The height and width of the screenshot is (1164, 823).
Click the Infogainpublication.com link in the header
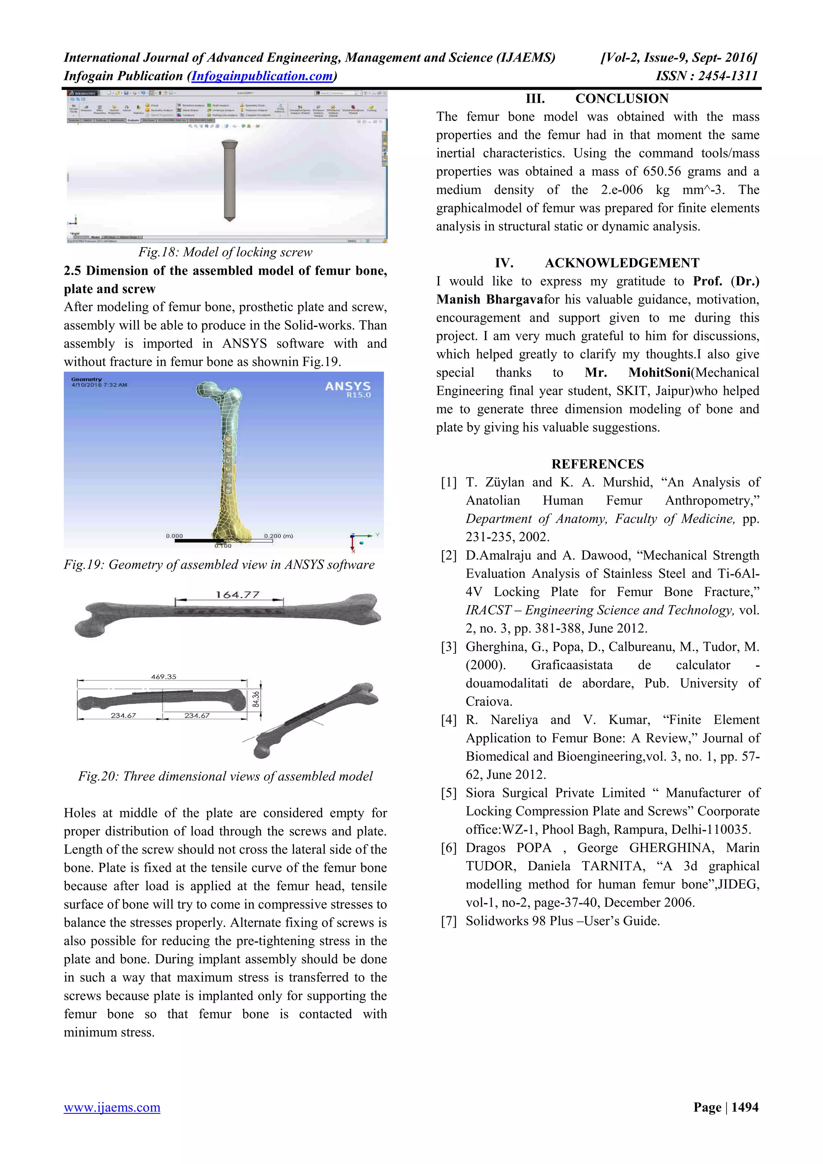(262, 76)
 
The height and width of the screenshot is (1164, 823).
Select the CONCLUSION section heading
(621, 98)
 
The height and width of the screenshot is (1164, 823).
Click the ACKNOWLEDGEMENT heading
(622, 263)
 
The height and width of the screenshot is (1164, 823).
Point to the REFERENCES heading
(597, 464)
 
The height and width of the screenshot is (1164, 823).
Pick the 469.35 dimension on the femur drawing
(163, 677)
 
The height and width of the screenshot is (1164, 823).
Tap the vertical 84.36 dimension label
(256, 699)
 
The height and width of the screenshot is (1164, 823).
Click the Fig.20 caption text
(225, 776)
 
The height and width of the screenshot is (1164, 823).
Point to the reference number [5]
(449, 793)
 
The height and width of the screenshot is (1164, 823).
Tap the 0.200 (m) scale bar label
(278, 536)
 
